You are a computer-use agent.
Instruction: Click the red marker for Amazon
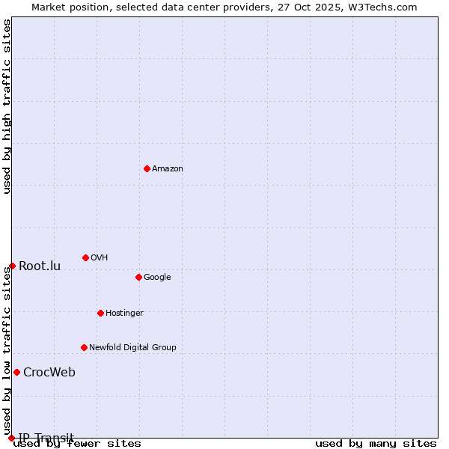[147, 168]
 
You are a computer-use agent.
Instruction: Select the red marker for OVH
[85, 257]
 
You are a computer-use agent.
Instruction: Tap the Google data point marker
[138, 277]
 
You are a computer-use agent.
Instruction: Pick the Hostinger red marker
[100, 313]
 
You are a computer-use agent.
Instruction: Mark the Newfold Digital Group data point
[84, 347]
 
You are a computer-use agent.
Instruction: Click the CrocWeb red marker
[16, 372]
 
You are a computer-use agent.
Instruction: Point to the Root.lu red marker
[12, 266]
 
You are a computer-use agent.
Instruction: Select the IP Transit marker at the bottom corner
[11, 438]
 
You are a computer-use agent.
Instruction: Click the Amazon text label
[168, 169]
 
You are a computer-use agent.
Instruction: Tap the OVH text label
[100, 258]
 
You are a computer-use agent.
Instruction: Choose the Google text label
[157, 278]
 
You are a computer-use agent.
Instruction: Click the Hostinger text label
[124, 314]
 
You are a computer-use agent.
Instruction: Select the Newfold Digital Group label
[132, 348]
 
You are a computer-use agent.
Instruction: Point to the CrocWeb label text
[49, 373]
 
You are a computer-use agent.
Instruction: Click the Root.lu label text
[40, 266]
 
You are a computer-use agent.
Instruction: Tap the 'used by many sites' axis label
[376, 444]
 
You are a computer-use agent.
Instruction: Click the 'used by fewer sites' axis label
[78, 444]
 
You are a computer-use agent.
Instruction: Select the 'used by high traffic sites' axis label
[7, 106]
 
